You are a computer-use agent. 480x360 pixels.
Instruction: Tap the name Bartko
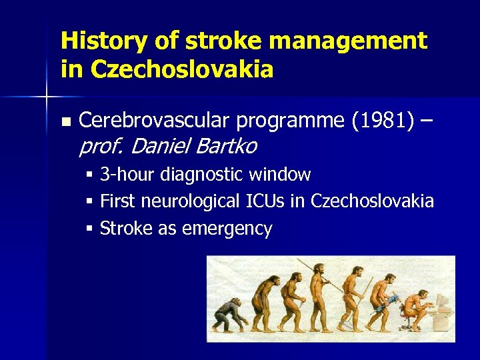coord(225,145)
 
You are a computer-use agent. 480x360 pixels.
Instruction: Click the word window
coord(280,175)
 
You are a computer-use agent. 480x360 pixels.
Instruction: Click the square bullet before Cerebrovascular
coord(65,122)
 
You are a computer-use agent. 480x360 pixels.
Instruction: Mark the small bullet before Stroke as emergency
coord(89,229)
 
